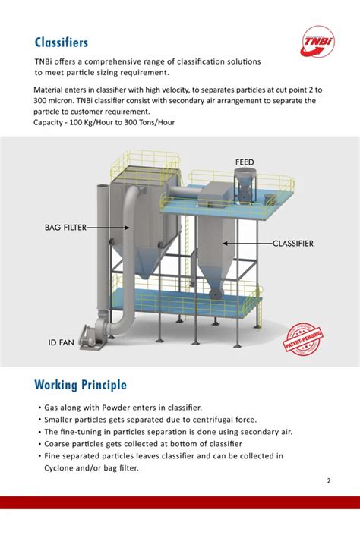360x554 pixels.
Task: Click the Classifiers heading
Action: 62,42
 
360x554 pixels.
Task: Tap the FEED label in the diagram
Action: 244,162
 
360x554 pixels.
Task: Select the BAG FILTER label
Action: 64,227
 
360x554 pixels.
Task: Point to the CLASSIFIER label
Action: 293,244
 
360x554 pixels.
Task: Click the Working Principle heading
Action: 81,385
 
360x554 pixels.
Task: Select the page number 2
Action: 329,480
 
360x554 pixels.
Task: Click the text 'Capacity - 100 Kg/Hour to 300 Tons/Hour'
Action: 105,122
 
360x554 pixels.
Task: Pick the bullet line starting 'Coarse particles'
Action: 141,444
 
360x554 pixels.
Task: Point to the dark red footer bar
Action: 180,502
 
